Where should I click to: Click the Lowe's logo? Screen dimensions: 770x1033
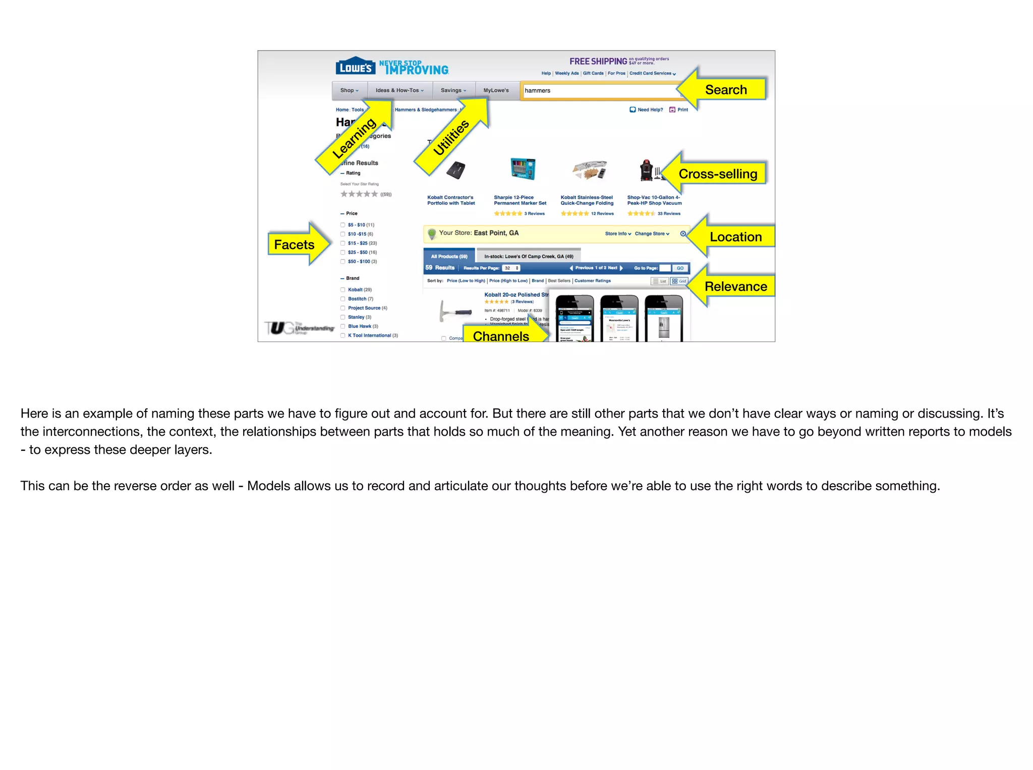(x=356, y=66)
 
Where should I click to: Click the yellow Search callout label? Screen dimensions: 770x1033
(x=725, y=90)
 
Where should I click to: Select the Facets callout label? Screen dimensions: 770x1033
(x=294, y=245)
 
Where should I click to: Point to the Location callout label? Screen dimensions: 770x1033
(x=735, y=236)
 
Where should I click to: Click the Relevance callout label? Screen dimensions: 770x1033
(x=735, y=286)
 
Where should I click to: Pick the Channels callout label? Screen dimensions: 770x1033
(x=501, y=336)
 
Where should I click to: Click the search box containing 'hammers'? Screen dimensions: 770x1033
(x=600, y=91)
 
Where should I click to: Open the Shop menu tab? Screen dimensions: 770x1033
(x=349, y=91)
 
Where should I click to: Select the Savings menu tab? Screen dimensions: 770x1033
(x=453, y=91)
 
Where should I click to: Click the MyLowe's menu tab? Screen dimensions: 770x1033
(x=496, y=91)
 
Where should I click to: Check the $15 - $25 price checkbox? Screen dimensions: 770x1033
(x=343, y=244)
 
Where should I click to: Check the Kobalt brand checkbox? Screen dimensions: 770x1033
(x=343, y=290)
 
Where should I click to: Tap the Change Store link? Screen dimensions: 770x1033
(x=652, y=234)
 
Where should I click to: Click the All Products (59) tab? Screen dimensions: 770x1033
(x=449, y=256)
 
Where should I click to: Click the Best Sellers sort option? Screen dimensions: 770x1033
(x=559, y=281)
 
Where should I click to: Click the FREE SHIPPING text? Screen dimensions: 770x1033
(x=598, y=62)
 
